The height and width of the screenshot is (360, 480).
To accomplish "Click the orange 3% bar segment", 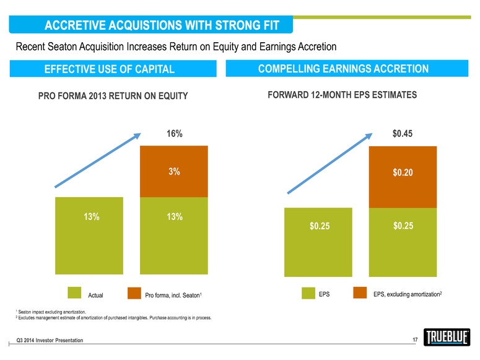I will (174, 172).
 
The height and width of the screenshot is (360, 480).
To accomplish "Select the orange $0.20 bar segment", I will (403, 177).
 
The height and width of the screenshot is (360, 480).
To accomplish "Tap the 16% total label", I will (174, 134).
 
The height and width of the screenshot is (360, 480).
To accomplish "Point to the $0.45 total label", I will (403, 134).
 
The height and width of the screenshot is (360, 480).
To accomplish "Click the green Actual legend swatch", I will (74, 293).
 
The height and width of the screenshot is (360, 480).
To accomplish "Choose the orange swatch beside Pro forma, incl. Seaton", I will (134, 293).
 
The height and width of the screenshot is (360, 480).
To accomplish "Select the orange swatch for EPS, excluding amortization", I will (361, 293).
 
